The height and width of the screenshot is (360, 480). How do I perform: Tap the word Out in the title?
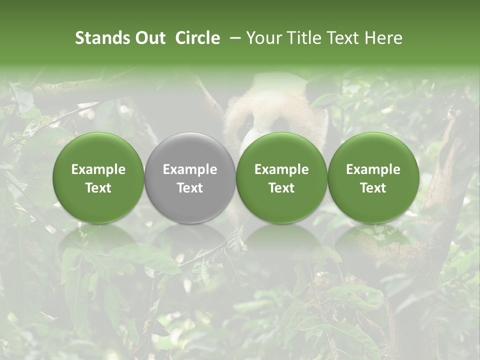(x=149, y=38)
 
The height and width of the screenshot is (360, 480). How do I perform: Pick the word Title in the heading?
(x=305, y=38)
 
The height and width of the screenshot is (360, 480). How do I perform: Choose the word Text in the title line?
(x=343, y=38)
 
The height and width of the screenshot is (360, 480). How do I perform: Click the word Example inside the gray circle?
(x=190, y=169)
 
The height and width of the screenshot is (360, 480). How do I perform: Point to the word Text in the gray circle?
(x=190, y=188)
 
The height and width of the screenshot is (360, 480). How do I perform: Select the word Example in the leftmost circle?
(x=98, y=169)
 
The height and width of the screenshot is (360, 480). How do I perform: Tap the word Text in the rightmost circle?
(x=373, y=188)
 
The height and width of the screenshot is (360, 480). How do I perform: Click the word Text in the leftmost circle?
(x=98, y=188)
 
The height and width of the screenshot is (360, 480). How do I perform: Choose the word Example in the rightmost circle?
(x=373, y=169)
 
